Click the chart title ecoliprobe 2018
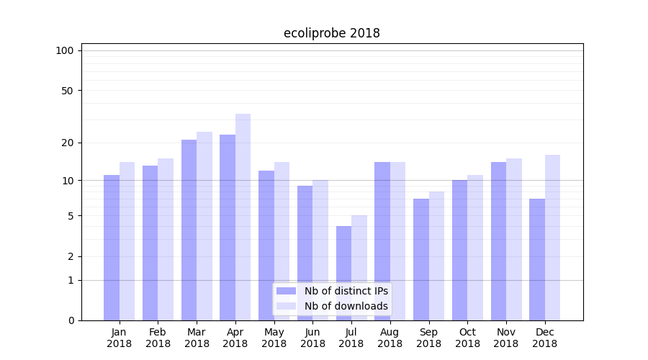coord(331,33)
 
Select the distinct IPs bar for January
coord(112,248)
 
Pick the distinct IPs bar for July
coord(343,274)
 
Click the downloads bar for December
coord(552,238)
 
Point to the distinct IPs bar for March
coord(189,230)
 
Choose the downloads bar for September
coord(436,256)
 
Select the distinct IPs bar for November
coord(498,241)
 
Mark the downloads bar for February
coord(166,239)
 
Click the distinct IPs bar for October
coord(459,250)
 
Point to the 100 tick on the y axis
coord(65,50)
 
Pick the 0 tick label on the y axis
coord(71,320)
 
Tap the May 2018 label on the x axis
coord(274,338)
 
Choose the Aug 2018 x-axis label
coord(390,338)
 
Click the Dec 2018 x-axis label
coord(544,338)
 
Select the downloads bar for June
coord(320,250)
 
